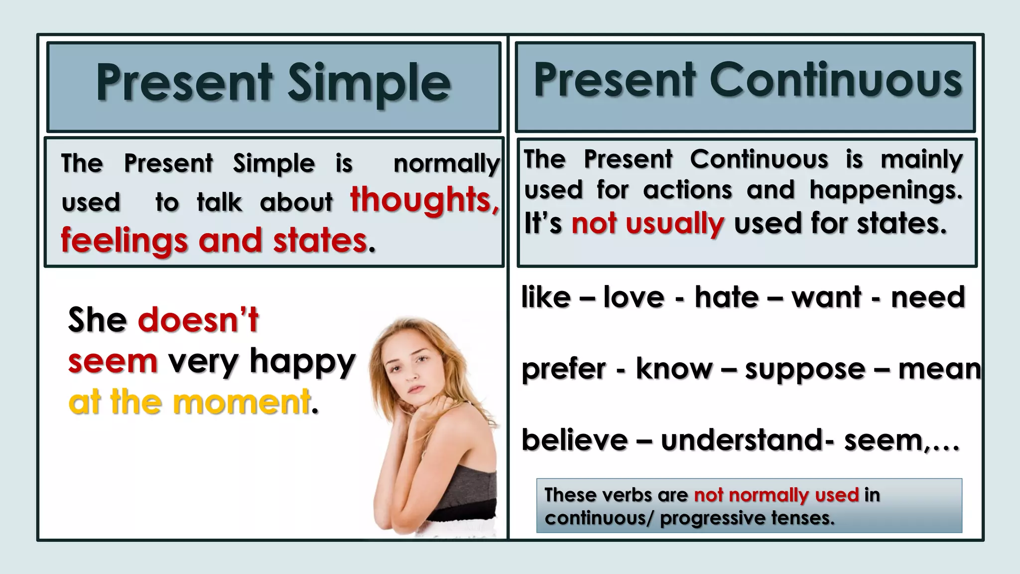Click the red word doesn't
(198, 320)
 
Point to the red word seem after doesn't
(113, 361)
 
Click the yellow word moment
(242, 403)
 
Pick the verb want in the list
(826, 297)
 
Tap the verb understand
(742, 440)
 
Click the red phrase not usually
(647, 224)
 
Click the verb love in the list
(634, 297)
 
